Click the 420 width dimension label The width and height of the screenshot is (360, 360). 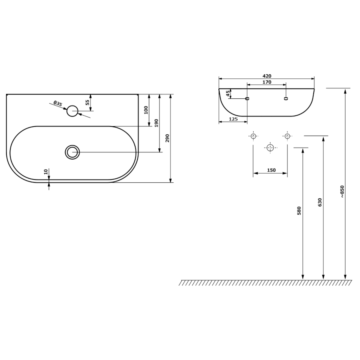tap(266, 76)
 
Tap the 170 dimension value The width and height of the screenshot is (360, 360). tap(266, 82)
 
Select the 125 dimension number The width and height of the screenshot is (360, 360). tap(233, 119)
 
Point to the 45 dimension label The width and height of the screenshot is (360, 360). tap(228, 94)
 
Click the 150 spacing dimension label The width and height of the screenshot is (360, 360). tap(271, 170)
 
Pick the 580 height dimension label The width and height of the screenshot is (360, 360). tap(299, 211)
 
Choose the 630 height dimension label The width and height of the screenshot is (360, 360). tap(320, 202)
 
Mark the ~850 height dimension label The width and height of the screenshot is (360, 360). tap(342, 192)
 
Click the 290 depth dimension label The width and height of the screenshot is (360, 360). tap(167, 138)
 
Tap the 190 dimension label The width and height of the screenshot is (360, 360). tap(156, 123)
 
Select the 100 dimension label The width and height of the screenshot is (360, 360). tap(146, 110)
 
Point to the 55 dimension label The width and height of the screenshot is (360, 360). tap(88, 102)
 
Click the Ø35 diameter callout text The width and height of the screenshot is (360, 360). tap(58, 103)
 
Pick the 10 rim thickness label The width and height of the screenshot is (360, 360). tap(46, 172)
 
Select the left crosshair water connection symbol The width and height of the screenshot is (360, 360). tap(253, 136)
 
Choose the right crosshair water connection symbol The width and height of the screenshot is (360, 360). tap(287, 136)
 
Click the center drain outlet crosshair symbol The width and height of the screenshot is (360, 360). tap(270, 148)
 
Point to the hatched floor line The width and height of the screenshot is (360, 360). tap(265, 283)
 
